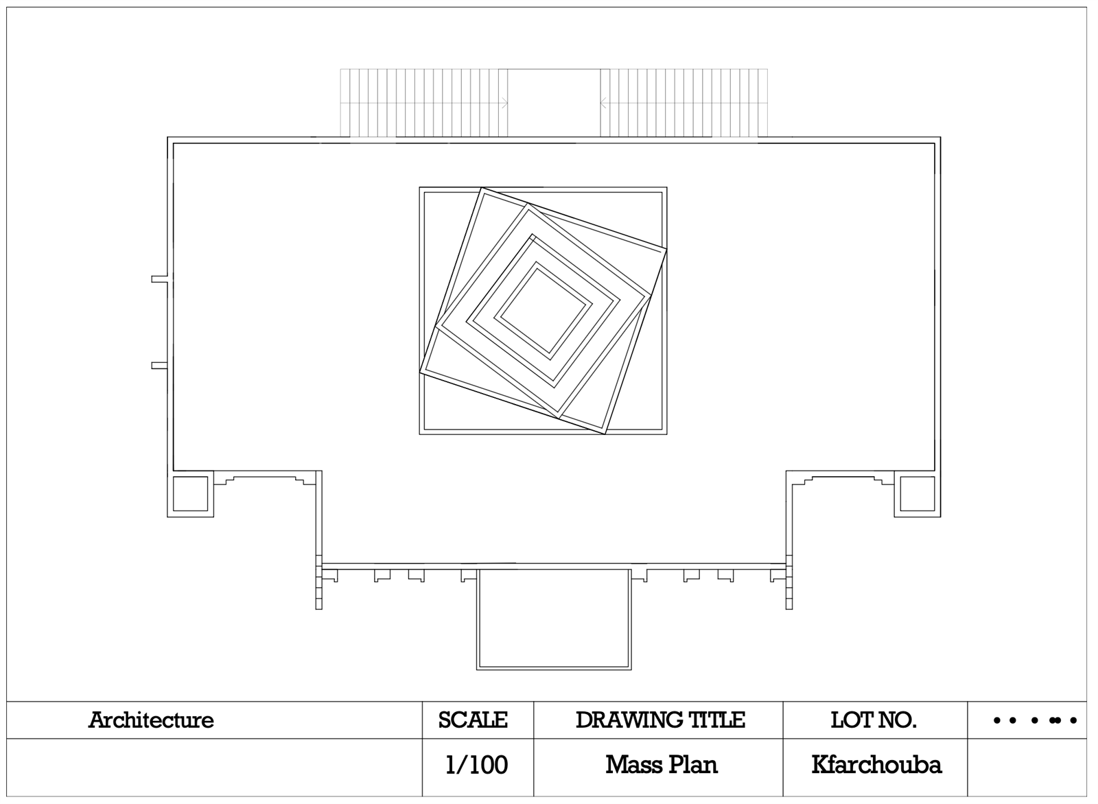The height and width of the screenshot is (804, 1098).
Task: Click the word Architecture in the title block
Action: click(x=151, y=720)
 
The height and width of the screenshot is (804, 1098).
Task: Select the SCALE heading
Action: click(x=473, y=720)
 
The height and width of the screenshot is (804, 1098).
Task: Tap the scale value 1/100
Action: click(x=476, y=765)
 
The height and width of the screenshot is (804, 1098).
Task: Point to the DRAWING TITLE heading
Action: click(x=661, y=720)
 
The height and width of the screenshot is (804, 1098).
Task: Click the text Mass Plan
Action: click(x=662, y=765)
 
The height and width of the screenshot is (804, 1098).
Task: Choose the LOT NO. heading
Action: click(x=874, y=720)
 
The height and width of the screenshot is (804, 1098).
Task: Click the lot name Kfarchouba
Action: click(x=876, y=765)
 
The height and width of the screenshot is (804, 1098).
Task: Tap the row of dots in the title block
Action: click(x=1036, y=720)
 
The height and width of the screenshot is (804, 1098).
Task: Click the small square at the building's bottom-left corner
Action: click(x=190, y=494)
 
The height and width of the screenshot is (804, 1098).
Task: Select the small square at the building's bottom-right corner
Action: click(x=918, y=494)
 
